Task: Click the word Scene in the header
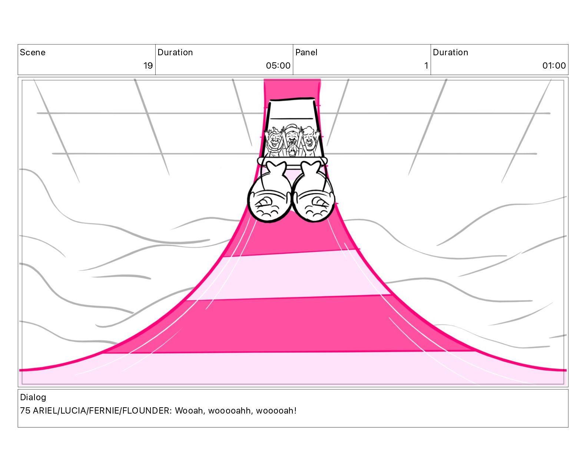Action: tap(33, 52)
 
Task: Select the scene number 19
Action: tap(148, 66)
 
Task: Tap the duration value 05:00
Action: tap(278, 66)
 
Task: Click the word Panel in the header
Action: tap(306, 52)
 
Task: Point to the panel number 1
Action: tap(426, 66)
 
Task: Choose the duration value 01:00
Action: tap(554, 66)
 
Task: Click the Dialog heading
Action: tap(33, 397)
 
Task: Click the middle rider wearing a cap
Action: tap(291, 134)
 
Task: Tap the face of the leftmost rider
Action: tap(274, 141)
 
